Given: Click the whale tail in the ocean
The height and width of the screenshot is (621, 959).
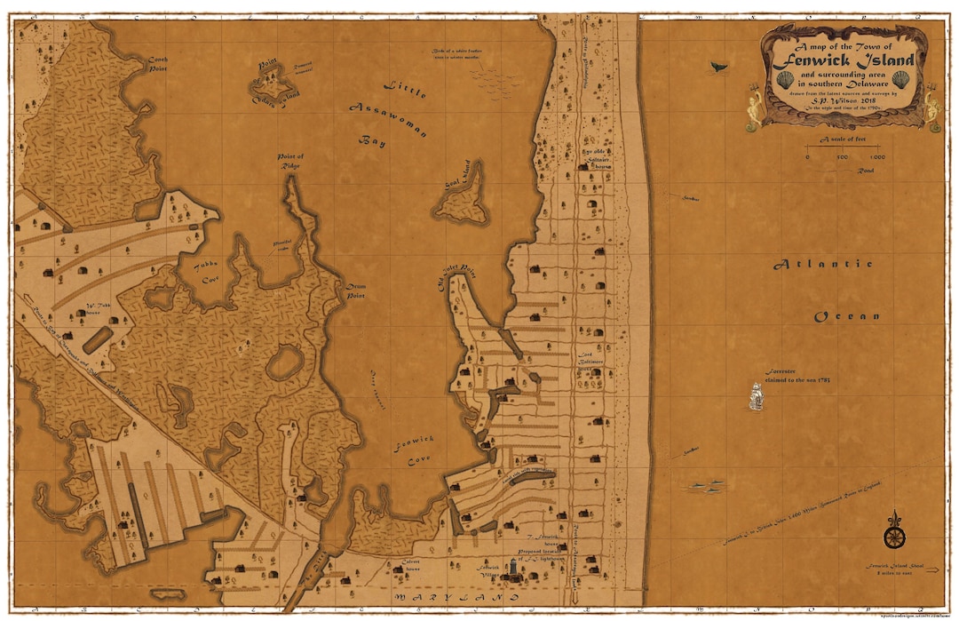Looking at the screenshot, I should coord(716,66).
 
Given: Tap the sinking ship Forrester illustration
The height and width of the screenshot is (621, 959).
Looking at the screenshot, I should coord(756,394).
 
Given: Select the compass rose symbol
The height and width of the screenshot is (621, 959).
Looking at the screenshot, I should coord(894,536).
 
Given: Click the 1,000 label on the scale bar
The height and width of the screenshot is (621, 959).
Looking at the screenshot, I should coord(876,157).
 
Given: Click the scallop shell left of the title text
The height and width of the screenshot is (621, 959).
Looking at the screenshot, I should coord(785,79).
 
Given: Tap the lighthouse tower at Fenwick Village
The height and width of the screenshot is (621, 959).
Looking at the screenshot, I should coord(513,569).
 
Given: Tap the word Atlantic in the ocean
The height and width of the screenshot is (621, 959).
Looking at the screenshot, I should coord(822,264).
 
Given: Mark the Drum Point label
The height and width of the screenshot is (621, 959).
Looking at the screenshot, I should coord(356,291).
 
